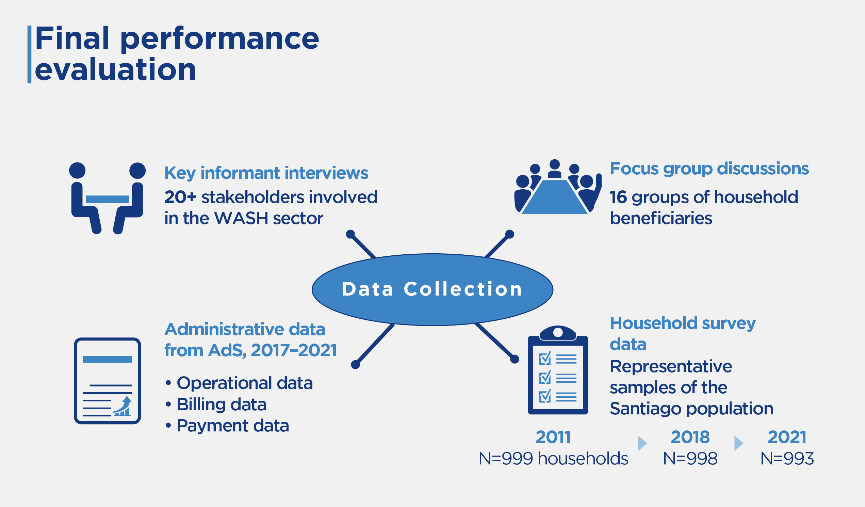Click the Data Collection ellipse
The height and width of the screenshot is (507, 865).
point(432,289)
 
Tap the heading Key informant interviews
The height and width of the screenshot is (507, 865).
point(266,173)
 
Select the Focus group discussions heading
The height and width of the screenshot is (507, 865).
point(709,169)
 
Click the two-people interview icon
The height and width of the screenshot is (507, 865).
point(108,198)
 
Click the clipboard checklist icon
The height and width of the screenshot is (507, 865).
point(558,370)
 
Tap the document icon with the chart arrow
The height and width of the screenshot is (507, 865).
point(108,381)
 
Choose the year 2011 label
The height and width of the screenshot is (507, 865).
point(553,437)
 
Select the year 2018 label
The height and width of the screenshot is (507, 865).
point(690,437)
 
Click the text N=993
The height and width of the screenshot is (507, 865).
point(787,459)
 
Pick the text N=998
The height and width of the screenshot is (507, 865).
point(690,459)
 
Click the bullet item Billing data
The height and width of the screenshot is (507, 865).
point(222,405)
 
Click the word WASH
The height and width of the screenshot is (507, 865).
point(241,218)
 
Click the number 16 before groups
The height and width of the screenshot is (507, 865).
point(618,197)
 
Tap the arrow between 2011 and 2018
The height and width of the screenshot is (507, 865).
point(642,443)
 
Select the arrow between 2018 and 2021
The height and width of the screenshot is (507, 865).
point(739,443)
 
